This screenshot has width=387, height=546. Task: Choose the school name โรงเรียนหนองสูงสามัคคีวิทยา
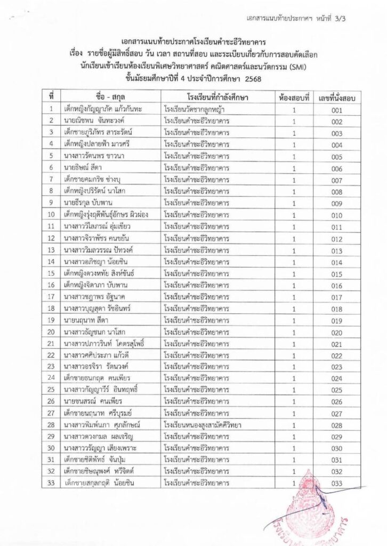(x=203, y=425)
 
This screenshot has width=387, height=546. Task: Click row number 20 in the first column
(x=51, y=332)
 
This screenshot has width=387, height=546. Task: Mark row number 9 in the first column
(x=51, y=203)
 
